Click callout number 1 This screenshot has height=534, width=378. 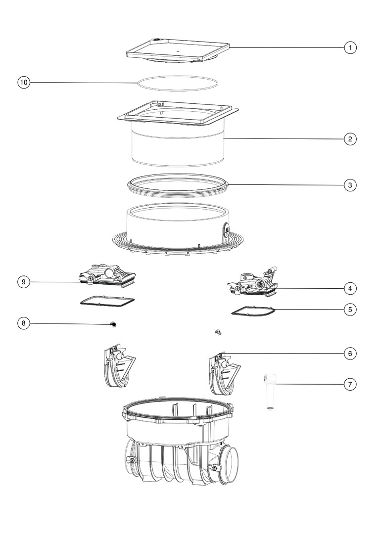(x=350, y=47)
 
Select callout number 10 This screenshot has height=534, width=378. (x=24, y=83)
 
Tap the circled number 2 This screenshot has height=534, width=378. (x=350, y=139)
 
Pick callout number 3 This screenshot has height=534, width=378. (x=350, y=185)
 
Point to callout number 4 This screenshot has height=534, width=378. (x=350, y=288)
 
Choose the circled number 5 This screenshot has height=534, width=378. (x=350, y=310)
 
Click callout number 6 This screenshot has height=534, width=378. (x=350, y=354)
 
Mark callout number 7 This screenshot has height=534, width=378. (x=350, y=385)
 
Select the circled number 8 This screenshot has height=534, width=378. (x=24, y=323)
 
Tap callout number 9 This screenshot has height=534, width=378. (x=24, y=282)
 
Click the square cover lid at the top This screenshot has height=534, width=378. (x=178, y=51)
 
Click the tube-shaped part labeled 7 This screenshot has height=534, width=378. (x=270, y=392)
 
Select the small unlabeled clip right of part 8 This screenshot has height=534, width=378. (x=218, y=332)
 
